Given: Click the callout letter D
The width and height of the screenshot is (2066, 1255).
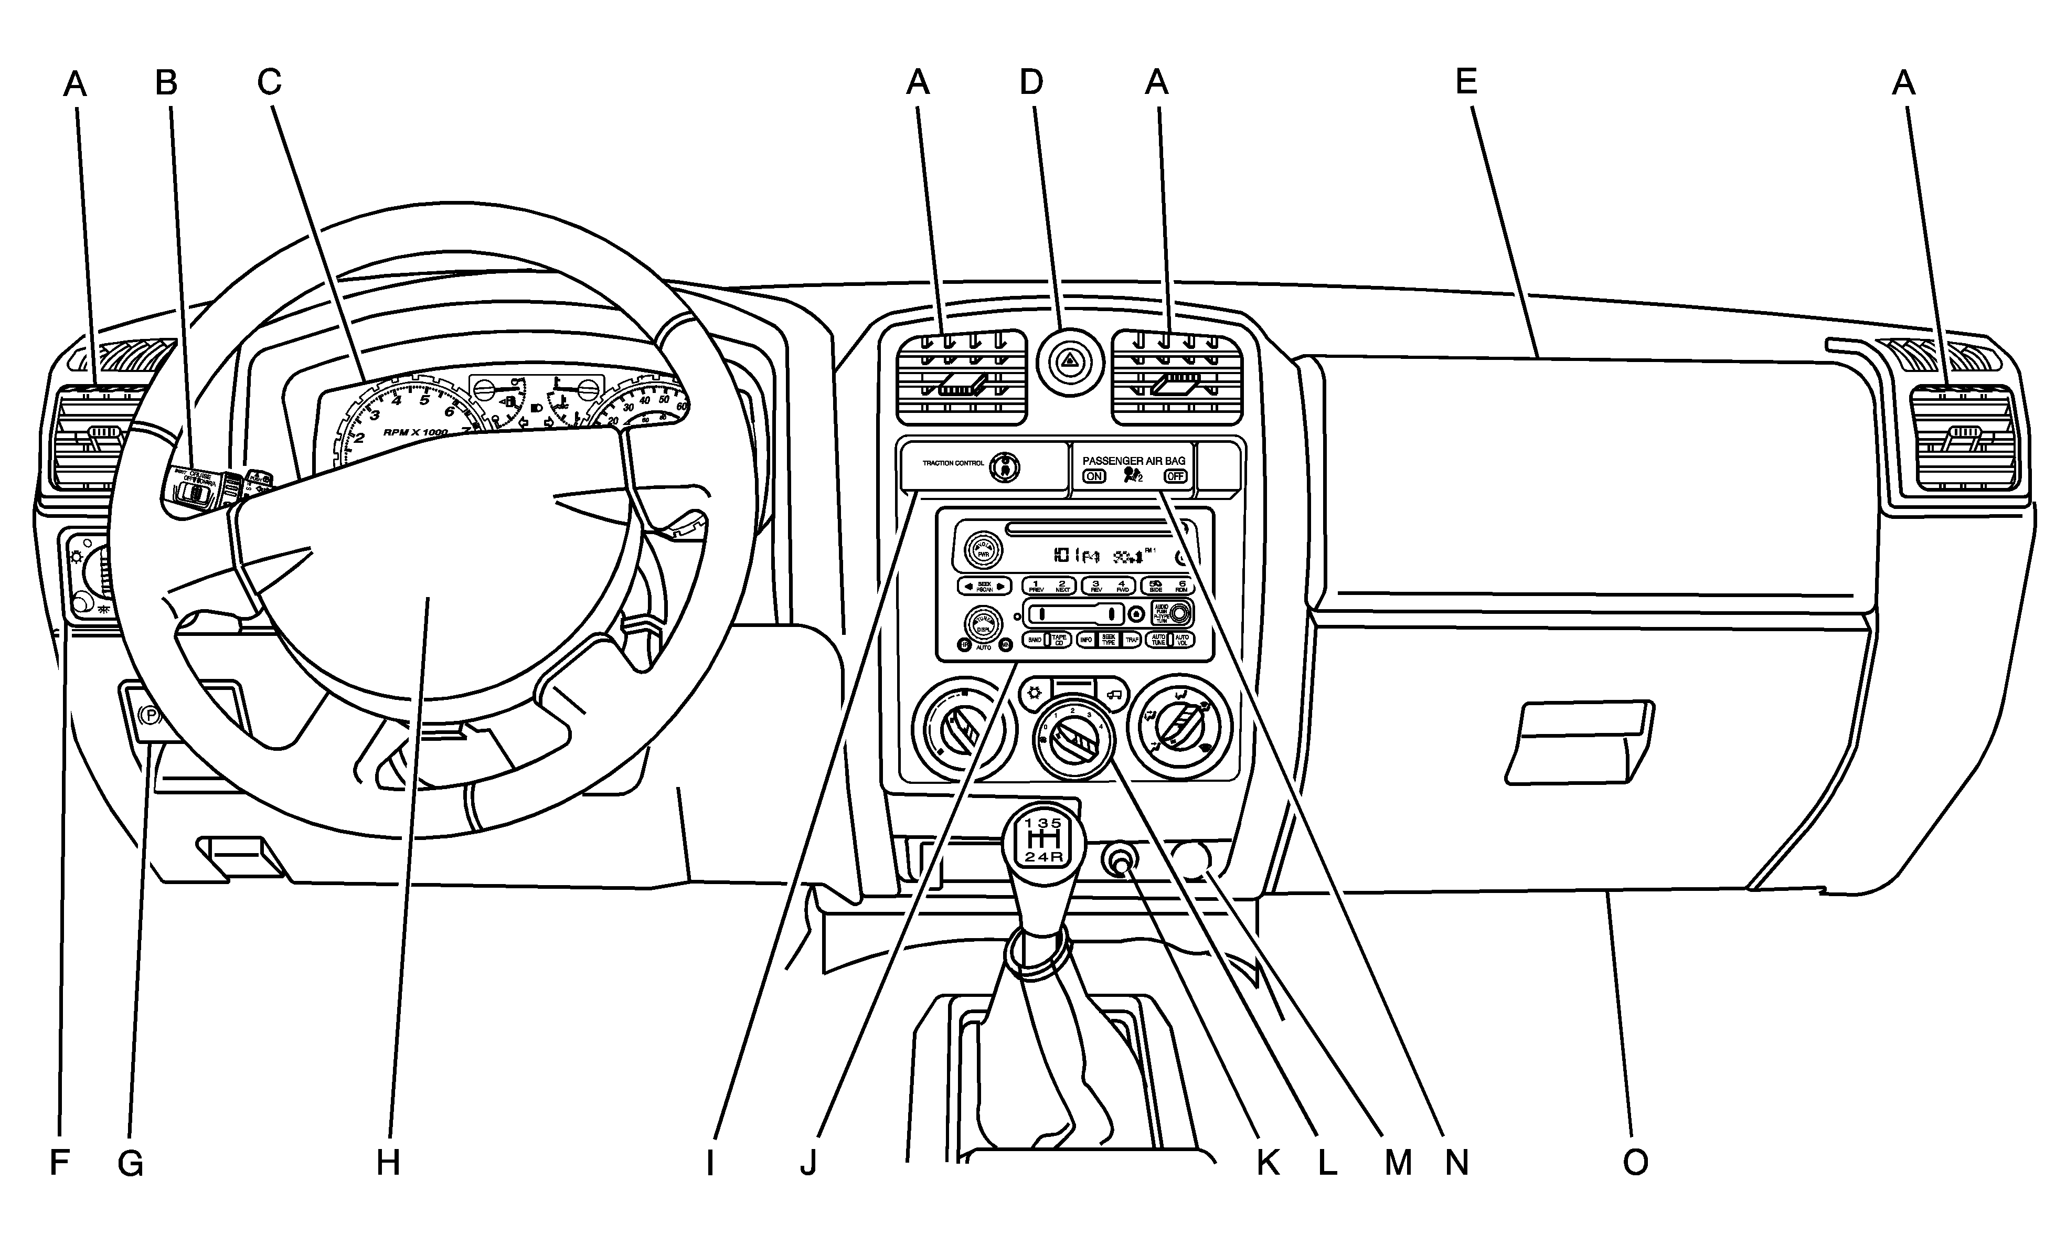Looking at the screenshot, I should pos(1030,82).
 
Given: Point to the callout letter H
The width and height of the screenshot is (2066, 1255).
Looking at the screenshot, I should pos(387,1163).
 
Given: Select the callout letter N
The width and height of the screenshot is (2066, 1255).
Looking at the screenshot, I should pos(1456,1163).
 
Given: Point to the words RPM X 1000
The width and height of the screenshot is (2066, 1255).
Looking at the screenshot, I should pos(415,432).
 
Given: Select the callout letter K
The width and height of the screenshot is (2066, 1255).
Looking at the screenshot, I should pos(1267,1163).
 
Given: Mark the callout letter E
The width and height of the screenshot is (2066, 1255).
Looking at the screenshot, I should pos(1466,82).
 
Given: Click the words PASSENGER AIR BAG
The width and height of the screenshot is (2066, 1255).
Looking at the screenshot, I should pos(1134,460).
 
